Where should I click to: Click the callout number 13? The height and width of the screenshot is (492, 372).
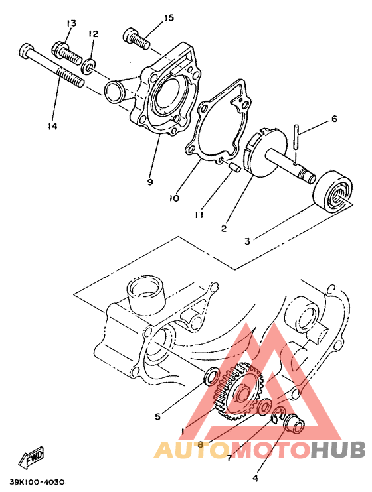pyautogui.click(x=71, y=23)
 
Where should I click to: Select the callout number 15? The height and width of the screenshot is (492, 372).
pyautogui.click(x=169, y=17)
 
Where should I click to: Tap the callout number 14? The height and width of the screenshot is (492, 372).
pyautogui.click(x=52, y=126)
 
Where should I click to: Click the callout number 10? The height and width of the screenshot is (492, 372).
pyautogui.click(x=173, y=198)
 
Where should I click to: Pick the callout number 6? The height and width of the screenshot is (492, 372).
pyautogui.click(x=334, y=119)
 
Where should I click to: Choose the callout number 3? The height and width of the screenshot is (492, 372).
pyautogui.click(x=247, y=241)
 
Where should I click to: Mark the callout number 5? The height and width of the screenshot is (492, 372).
pyautogui.click(x=157, y=417)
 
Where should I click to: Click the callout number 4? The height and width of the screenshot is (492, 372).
pyautogui.click(x=256, y=475)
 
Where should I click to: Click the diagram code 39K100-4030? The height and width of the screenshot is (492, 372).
pyautogui.click(x=37, y=482)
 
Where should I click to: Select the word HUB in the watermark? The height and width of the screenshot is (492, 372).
pyautogui.click(x=338, y=450)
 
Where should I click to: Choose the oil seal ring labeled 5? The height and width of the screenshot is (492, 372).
pyautogui.click(x=211, y=377)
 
